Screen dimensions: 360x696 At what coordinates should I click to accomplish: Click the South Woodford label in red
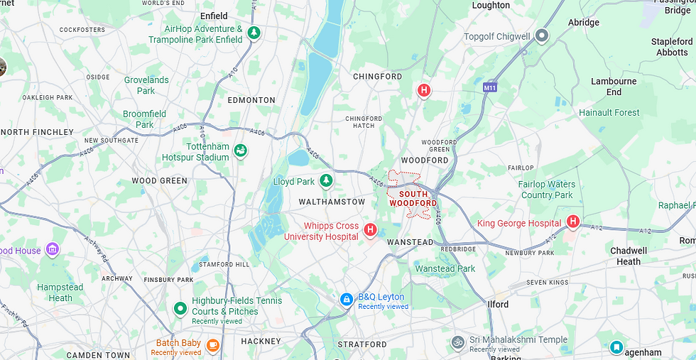(413, 199)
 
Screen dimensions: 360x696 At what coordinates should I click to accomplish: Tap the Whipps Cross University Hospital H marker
(370, 229)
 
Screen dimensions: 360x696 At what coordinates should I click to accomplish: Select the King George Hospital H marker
(573, 222)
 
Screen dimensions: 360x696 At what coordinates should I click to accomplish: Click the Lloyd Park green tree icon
(326, 181)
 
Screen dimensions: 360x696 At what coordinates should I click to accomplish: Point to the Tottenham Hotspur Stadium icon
(241, 151)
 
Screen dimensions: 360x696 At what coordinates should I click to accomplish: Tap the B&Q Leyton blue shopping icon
(347, 300)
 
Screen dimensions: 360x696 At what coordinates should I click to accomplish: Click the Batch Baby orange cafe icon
(212, 345)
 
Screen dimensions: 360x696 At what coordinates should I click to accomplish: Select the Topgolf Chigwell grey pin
(542, 36)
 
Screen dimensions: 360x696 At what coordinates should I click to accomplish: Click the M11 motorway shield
(489, 87)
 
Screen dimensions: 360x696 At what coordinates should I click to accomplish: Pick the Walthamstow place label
(332, 202)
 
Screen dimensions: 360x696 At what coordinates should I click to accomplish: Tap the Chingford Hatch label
(364, 122)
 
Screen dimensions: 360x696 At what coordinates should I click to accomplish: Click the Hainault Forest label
(609, 112)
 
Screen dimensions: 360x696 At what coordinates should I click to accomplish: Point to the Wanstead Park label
(445, 269)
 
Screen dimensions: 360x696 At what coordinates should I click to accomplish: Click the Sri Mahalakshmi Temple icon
(458, 342)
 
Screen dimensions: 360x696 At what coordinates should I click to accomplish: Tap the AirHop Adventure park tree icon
(254, 33)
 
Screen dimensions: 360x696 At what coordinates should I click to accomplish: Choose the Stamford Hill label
(224, 264)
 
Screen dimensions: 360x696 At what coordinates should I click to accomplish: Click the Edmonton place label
(251, 100)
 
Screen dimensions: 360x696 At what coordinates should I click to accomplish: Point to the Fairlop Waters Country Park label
(547, 190)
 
